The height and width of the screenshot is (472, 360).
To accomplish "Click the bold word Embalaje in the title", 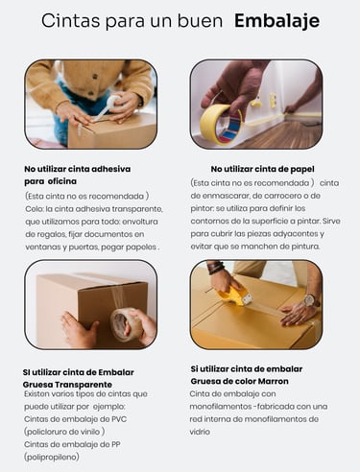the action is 276,22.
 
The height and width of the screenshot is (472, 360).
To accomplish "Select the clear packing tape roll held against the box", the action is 125,324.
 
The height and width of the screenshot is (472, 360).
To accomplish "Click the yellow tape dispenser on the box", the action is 234,295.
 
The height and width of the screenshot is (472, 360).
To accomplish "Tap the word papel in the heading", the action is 302,170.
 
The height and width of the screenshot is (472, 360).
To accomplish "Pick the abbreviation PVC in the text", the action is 119,419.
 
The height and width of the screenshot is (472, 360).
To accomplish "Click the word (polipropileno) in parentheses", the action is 52,457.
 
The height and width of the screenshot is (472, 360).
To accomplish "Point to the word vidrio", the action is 200,432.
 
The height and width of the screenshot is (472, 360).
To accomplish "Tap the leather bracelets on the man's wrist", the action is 216,268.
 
